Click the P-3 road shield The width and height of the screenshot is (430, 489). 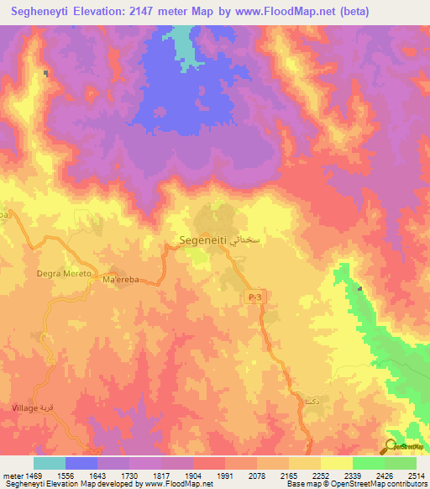[255, 297]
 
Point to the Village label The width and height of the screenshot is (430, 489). [24, 407]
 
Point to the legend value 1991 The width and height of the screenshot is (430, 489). [225, 475]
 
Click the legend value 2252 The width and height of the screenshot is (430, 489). [320, 475]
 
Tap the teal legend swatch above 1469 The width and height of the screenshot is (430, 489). [49, 463]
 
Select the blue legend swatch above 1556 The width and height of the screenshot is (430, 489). [81, 463]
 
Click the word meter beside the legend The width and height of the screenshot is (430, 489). [11, 475]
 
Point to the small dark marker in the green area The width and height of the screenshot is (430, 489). [360, 289]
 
